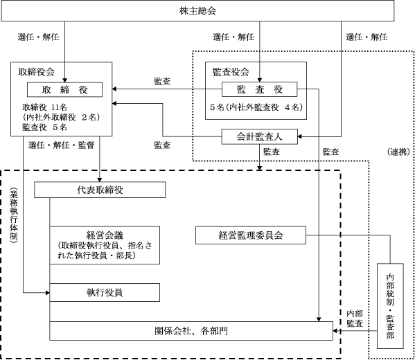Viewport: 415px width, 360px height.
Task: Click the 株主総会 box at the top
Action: coord(197,10)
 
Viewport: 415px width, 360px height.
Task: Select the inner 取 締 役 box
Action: coord(64,90)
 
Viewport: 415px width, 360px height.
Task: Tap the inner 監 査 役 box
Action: coord(259,89)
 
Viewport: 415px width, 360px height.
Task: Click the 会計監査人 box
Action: coord(259,137)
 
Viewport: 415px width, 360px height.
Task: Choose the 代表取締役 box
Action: coord(100,190)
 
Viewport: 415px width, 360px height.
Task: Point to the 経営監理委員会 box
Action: coord(251,235)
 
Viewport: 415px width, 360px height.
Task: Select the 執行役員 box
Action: coord(105,293)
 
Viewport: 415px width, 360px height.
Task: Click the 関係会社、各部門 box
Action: coord(191,331)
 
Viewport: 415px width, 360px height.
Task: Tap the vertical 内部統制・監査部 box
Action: coord(390,306)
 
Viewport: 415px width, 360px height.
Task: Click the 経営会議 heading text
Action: coord(105,235)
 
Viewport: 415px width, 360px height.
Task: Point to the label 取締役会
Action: coord(37,72)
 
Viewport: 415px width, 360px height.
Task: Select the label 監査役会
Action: coord(231,72)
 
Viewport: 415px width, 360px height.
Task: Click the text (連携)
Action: coord(398,152)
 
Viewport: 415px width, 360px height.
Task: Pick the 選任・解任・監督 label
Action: coord(62,145)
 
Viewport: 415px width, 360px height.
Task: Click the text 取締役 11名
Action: coord(44,107)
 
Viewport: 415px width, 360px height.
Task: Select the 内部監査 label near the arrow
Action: coord(355,318)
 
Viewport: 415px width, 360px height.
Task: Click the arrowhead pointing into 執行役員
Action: coord(48,293)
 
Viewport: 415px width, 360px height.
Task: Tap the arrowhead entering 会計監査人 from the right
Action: coord(299,137)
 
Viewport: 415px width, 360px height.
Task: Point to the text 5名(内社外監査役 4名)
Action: coord(256,107)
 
